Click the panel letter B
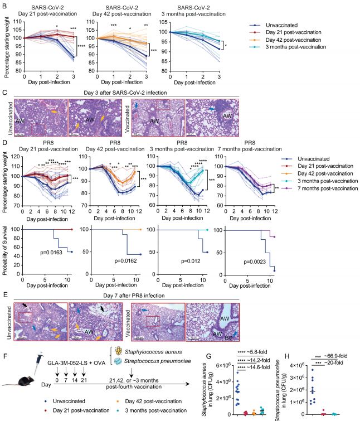point(4,5)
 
